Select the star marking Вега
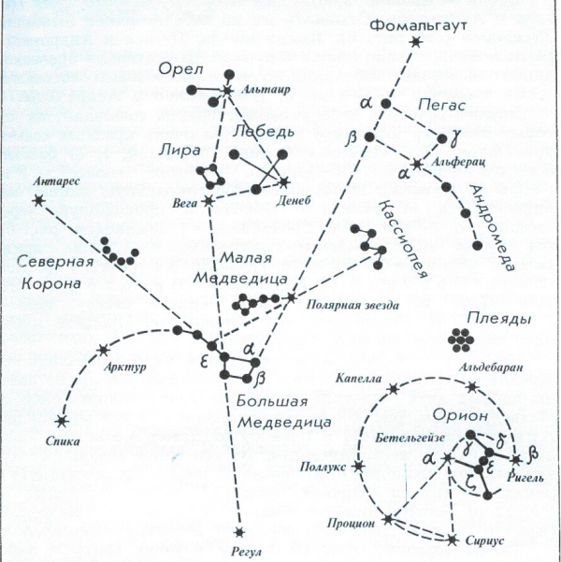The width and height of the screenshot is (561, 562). (x=209, y=200)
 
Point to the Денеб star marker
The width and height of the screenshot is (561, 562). (x=284, y=180)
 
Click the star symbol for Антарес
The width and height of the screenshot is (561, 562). (x=38, y=199)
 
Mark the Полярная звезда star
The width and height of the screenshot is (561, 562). (x=291, y=297)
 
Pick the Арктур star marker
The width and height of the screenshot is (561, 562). (x=101, y=351)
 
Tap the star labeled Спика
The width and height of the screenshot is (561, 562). (x=62, y=421)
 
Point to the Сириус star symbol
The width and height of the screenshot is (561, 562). (x=453, y=540)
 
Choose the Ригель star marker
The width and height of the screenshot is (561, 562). (x=515, y=460)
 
